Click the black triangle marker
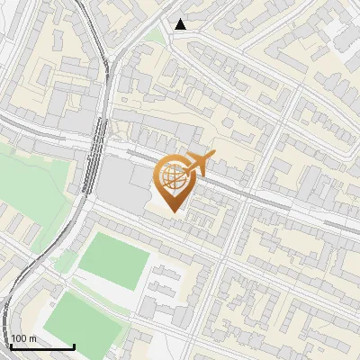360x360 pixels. click(181, 24)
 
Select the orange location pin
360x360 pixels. click(174, 180)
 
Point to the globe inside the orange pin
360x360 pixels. click(173, 177)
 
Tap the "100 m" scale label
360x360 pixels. click(23, 338)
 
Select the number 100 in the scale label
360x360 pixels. click(20, 338)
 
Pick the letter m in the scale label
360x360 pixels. click(32, 338)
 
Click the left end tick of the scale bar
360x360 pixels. click(11, 345)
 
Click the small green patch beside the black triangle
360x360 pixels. click(158, 36)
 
